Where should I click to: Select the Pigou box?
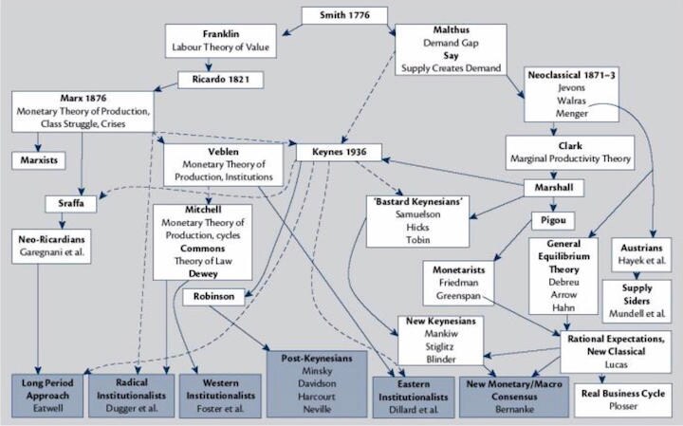555,229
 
